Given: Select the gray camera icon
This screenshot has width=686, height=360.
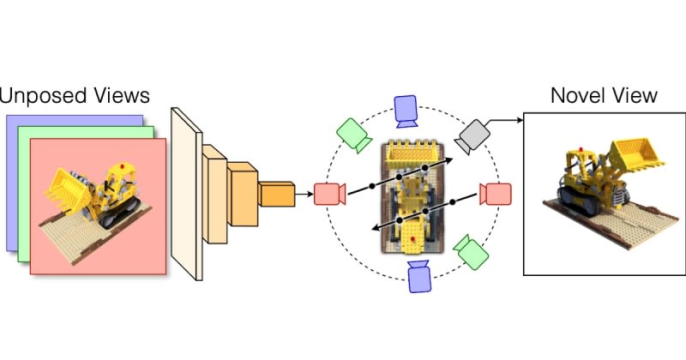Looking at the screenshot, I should [x=471, y=135].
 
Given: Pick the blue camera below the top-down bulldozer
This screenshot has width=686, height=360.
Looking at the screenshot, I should [x=419, y=275].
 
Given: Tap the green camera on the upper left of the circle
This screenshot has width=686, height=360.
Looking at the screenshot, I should [x=352, y=133].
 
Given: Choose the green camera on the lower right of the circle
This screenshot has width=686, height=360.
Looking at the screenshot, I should [x=471, y=249].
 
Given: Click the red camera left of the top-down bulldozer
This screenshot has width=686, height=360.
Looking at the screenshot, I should [x=328, y=194].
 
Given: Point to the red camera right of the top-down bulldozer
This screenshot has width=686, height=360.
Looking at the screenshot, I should [x=495, y=194].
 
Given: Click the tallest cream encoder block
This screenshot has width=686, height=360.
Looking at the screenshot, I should [x=186, y=195].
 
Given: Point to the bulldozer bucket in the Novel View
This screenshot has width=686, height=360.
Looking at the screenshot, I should [x=634, y=154].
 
